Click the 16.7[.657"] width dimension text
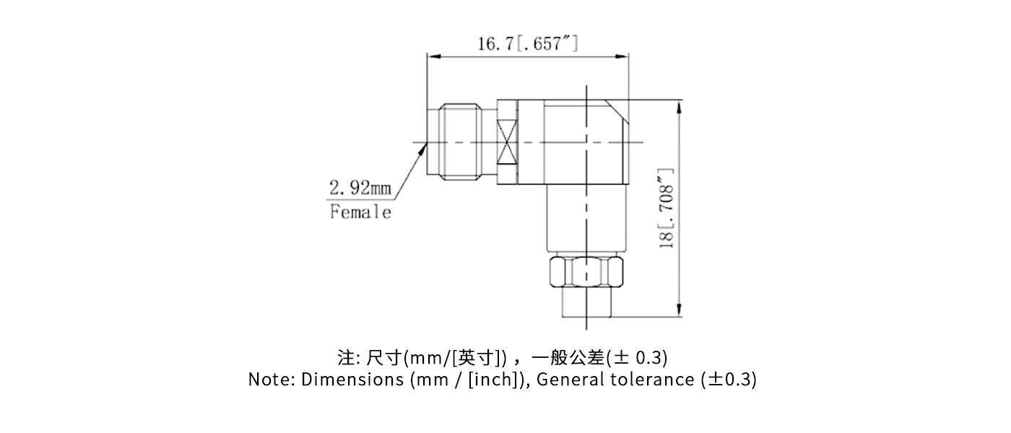tap(527, 44)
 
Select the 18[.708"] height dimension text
tap(667, 209)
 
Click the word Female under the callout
tap(360, 212)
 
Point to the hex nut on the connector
tap(586, 271)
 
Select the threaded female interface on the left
tap(461, 142)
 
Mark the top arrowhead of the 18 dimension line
tap(679, 105)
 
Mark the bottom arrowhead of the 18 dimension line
tap(679, 312)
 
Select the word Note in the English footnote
tap(266, 380)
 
